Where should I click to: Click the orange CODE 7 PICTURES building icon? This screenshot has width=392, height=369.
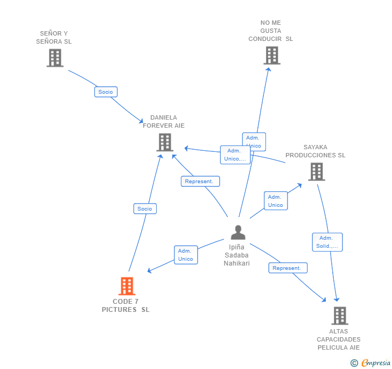[x=127, y=286]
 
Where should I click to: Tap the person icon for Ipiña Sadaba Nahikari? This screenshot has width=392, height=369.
[x=237, y=232]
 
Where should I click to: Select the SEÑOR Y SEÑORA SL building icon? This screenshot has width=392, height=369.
[x=55, y=58]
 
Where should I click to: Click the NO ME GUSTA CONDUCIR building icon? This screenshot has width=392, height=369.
[x=271, y=55]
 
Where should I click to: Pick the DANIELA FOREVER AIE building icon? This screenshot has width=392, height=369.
[x=164, y=142]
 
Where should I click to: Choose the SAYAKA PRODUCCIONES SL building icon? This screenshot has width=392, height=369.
[x=316, y=171]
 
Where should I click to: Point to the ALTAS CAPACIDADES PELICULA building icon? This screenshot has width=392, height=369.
[x=339, y=316]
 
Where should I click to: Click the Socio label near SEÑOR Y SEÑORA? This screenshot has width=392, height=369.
[x=106, y=92]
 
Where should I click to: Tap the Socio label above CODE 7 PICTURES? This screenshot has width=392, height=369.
[x=145, y=208]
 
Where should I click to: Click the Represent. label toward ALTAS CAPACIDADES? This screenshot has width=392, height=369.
[x=288, y=268]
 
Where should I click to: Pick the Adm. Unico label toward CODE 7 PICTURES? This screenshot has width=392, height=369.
[x=186, y=255]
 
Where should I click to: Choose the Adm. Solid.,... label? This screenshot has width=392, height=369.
[x=327, y=242]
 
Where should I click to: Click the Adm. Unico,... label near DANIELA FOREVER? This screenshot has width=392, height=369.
[x=235, y=155]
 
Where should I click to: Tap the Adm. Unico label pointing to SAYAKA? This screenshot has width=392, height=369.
[x=275, y=201]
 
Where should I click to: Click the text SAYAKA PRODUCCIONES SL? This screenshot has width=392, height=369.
[x=316, y=151]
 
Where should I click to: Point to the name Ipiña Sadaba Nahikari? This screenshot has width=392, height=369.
[x=237, y=255]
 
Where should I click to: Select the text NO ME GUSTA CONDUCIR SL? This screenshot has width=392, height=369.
[x=270, y=31]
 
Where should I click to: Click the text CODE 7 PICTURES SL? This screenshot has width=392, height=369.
[x=125, y=305]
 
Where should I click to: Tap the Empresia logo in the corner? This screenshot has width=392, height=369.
[x=371, y=363]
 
